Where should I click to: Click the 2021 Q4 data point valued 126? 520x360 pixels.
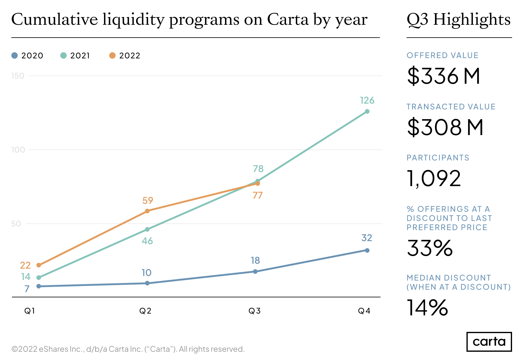point(367,112)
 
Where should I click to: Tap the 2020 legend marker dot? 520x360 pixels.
point(15,56)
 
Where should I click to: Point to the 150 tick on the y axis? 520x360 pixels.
point(18,76)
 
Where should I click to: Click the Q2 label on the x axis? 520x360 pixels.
point(145,311)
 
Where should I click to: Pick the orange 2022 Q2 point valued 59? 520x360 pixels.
point(147,211)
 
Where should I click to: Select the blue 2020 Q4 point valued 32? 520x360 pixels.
point(367,250)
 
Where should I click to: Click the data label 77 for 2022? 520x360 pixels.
point(258,195)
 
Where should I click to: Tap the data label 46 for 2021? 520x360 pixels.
point(147,241)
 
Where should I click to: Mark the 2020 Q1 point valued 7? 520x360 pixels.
point(39,286)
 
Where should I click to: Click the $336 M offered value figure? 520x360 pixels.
point(444,76)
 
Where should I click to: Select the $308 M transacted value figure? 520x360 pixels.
point(445,127)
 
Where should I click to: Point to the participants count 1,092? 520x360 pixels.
point(434,178)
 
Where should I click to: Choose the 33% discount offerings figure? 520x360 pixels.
point(430,248)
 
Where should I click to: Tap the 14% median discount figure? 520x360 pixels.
point(427,308)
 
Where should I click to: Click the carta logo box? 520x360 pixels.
point(489,342)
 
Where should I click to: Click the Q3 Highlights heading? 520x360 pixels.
point(459,20)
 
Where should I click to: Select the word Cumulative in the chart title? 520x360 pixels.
point(54,20)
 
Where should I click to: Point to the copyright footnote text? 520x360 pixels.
point(128,349)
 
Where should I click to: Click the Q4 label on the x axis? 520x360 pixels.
point(364,311)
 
